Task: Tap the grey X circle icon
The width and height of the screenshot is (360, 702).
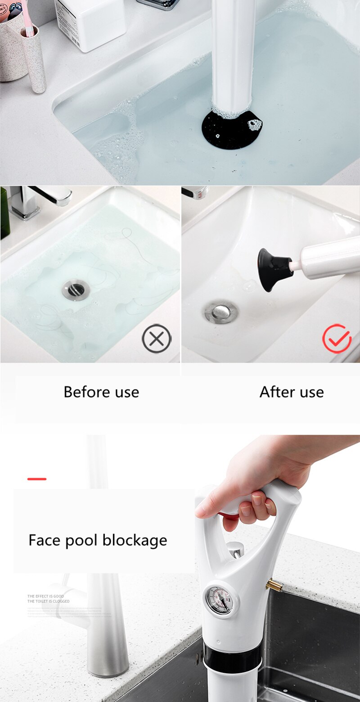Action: pos(157,339)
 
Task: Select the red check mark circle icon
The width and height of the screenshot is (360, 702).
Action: pos(337,338)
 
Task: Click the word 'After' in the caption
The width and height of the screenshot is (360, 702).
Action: pos(274,392)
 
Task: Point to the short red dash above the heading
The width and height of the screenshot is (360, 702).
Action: pos(37,479)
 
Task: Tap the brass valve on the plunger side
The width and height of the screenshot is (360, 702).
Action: pos(273,585)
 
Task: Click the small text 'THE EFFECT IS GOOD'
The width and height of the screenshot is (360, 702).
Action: pos(45,596)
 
